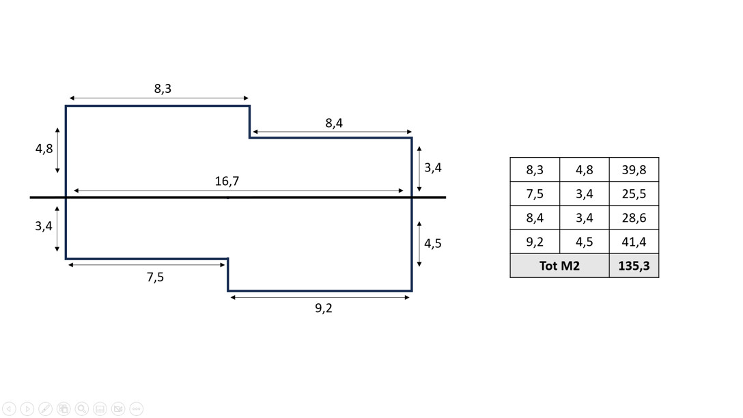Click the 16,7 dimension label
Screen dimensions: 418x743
227,181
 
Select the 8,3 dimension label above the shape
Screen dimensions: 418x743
163,89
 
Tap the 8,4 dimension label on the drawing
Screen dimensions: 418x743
334,123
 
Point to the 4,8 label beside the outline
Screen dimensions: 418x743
44,148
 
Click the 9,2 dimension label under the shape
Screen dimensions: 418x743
324,308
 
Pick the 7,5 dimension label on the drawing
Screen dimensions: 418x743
155,277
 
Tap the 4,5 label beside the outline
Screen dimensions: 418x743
433,243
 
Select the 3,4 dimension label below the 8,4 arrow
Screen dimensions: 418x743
433,167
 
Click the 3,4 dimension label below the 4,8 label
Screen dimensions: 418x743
44,225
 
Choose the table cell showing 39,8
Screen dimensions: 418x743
634,170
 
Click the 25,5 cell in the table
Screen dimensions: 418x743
634,194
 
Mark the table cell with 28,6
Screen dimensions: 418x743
634,218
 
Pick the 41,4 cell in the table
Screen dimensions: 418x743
634,242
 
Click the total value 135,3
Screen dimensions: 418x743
634,266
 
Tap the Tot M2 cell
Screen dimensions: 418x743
559,266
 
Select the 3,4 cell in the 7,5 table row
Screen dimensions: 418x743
584,194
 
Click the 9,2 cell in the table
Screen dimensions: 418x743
535,242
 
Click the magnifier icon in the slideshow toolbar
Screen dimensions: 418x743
82,408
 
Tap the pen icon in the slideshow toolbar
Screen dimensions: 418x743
45,408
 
